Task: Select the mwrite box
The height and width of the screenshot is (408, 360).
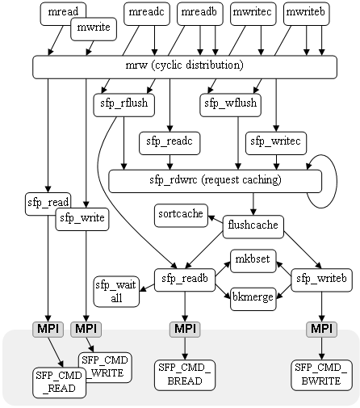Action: [94, 29]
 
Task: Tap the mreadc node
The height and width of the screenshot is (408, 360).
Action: [147, 14]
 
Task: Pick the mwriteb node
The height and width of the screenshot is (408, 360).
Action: [307, 14]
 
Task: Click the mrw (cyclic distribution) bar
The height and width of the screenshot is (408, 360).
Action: [185, 67]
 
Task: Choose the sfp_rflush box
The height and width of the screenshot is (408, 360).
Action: [124, 105]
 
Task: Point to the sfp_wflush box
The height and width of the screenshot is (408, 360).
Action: [231, 105]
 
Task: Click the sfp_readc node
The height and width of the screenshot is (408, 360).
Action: [170, 143]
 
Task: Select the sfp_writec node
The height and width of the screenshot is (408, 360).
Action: [276, 143]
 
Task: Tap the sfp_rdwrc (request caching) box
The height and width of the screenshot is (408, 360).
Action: [216, 181]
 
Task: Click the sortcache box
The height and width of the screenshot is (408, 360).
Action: [181, 216]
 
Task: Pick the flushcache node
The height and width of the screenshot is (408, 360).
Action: [253, 227]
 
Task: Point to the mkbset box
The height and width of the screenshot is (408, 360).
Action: [253, 261]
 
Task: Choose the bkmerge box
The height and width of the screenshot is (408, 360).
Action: [253, 299]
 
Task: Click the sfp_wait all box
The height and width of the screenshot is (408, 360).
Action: [116, 292]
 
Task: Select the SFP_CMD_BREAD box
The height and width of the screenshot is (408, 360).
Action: [185, 375]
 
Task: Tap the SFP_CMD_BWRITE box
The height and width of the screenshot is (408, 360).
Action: [322, 375]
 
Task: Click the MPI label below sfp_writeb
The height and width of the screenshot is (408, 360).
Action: [322, 329]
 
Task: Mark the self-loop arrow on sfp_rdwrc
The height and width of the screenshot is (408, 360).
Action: [337, 181]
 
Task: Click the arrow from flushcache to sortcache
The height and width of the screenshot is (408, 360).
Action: [216, 220]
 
